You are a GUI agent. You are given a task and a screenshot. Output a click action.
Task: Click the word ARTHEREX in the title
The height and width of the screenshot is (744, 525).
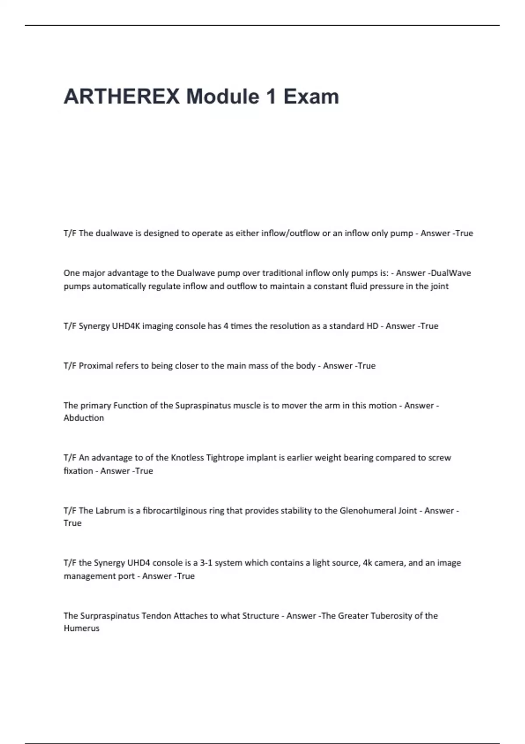coord(122,97)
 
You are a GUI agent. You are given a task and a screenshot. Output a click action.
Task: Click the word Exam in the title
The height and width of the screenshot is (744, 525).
coord(311,97)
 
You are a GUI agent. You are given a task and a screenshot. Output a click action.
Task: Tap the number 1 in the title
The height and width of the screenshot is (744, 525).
coord(271,97)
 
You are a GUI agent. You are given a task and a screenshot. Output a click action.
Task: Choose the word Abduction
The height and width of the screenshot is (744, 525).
coord(84,418)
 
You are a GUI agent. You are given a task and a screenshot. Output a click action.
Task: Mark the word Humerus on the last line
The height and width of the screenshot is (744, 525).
coord(81,628)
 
